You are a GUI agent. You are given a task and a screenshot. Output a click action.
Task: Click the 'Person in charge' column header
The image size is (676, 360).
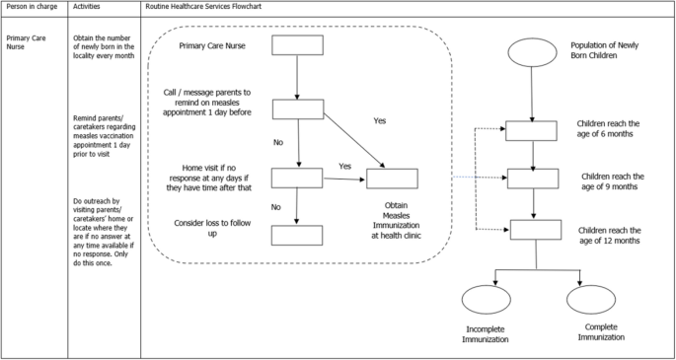pos(32,7)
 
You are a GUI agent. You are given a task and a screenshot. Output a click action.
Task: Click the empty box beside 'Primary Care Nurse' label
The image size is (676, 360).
pos(296,46)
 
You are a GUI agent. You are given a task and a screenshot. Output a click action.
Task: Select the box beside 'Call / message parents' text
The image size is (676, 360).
pos(296,108)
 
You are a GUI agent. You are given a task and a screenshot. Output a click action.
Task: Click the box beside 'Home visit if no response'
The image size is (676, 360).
pos(296,178)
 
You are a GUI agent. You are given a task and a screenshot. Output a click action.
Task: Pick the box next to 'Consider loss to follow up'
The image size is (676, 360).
pos(296,235)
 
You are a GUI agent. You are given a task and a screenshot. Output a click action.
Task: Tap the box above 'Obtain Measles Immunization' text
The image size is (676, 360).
pos(392,179)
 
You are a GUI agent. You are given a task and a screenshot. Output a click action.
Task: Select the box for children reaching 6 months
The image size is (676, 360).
pos(533,131)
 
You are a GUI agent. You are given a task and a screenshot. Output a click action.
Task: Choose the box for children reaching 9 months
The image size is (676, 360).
pos(533,179)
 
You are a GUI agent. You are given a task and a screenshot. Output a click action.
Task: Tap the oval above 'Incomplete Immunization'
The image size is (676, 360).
pos(486,300)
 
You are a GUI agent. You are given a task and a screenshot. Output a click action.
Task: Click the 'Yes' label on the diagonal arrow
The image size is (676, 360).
pos(380,120)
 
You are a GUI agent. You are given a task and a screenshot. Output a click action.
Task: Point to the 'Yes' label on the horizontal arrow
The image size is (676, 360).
pos(345,167)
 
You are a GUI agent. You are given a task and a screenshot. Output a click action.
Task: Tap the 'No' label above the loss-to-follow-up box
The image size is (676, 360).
pos(276,207)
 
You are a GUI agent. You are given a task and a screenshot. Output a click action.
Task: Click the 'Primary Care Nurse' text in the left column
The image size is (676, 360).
pos(28,45)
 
